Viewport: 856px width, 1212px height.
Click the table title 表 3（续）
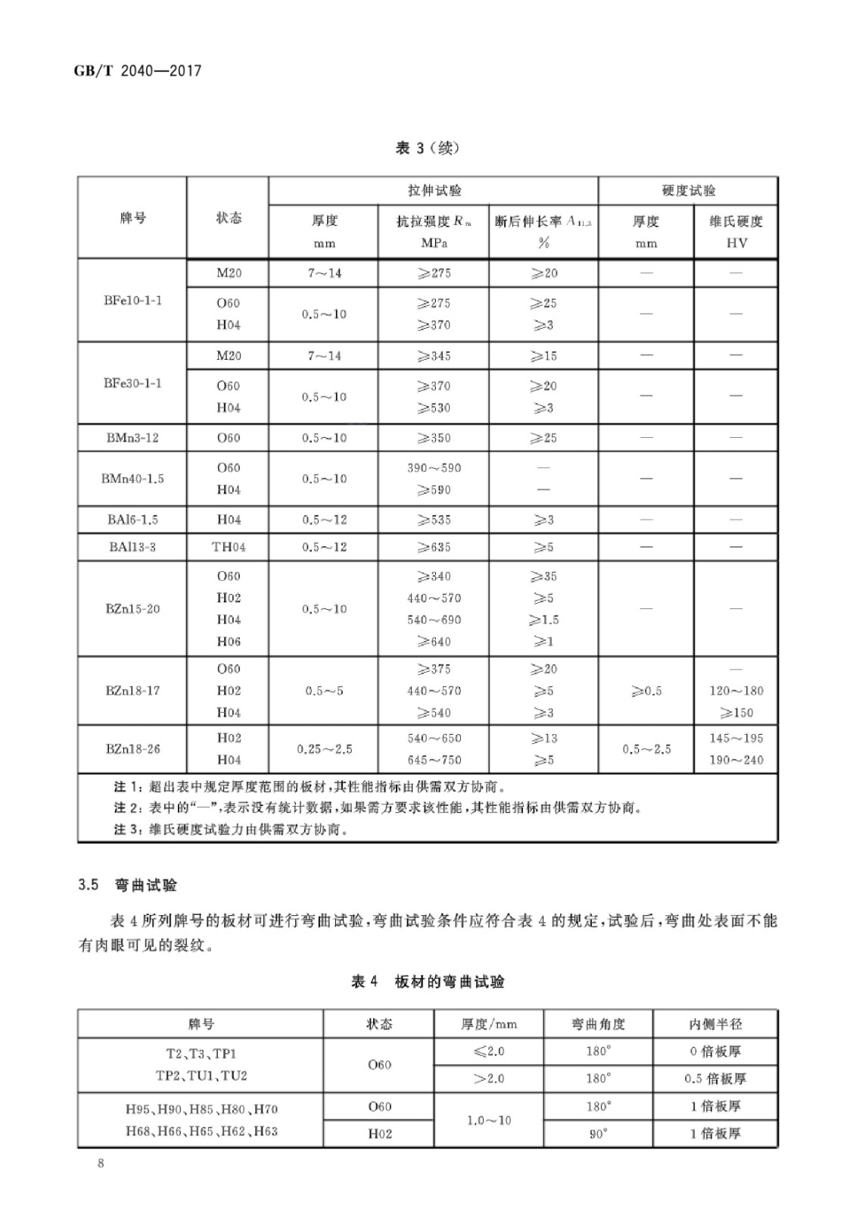tap(427, 148)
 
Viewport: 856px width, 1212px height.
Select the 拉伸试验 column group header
tap(434, 191)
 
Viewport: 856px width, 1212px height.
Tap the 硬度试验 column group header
tap(687, 191)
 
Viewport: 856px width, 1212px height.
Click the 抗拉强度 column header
tap(433, 222)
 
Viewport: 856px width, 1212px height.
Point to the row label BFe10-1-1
tap(132, 300)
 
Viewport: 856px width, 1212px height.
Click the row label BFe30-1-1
tap(132, 383)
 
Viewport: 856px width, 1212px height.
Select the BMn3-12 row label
tap(132, 438)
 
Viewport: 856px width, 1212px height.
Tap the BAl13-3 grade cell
tap(132, 547)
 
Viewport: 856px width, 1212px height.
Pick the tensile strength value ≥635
tap(433, 547)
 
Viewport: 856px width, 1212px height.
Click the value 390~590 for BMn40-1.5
tap(433, 468)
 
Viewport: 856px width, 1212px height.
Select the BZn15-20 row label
tap(132, 609)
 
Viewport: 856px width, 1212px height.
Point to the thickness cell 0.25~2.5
tap(324, 749)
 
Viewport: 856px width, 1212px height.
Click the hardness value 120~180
tap(736, 691)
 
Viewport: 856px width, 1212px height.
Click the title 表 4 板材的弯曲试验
tap(428, 982)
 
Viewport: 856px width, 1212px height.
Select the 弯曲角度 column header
tap(598, 1024)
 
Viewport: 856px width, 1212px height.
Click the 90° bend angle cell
tap(598, 1134)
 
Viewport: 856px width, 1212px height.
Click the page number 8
tap(101, 1164)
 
